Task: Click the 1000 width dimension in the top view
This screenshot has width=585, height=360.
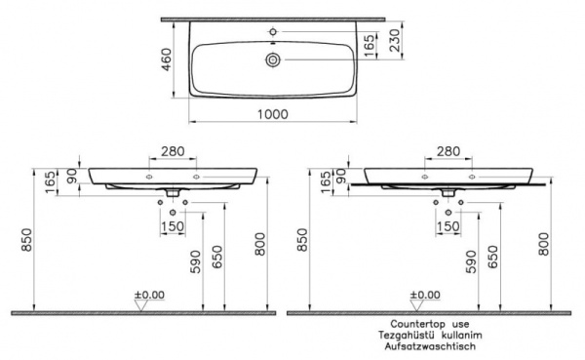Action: click(x=273, y=114)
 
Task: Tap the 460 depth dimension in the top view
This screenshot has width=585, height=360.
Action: click(x=166, y=60)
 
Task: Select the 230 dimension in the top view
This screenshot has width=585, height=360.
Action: click(x=394, y=40)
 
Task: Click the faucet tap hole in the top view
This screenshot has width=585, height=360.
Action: click(x=273, y=32)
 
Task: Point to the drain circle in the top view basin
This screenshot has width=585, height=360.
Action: click(x=273, y=60)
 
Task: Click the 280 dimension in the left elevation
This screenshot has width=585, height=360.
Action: click(x=173, y=151)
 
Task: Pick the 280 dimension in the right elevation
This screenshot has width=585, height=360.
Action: click(x=448, y=151)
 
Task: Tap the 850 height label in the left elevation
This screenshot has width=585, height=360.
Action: click(x=26, y=239)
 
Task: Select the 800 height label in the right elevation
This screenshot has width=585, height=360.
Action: click(x=544, y=244)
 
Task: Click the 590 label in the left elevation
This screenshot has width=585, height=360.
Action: click(x=195, y=261)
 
